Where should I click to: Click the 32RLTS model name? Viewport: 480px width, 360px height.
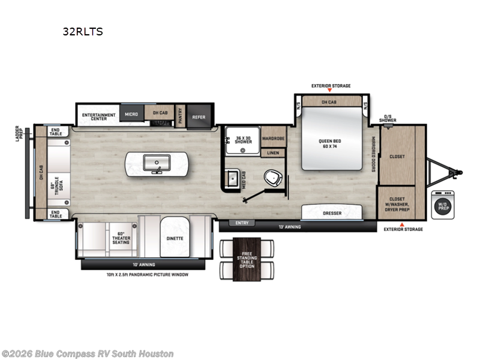83,32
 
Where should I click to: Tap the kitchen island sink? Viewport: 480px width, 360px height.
157,161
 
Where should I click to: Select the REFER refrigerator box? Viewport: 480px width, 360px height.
198,117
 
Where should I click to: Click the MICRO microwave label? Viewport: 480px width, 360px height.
131,113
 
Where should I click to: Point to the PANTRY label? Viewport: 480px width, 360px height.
179,117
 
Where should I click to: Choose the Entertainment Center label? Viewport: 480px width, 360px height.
95,116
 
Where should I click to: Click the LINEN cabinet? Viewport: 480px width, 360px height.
273,153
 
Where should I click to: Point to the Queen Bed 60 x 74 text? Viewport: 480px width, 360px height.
331,144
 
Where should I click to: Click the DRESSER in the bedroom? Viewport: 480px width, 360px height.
332,212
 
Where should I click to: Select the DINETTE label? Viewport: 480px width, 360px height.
175,238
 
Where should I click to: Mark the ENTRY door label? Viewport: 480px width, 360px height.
242,223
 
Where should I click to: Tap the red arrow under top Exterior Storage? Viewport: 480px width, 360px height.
331,91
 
